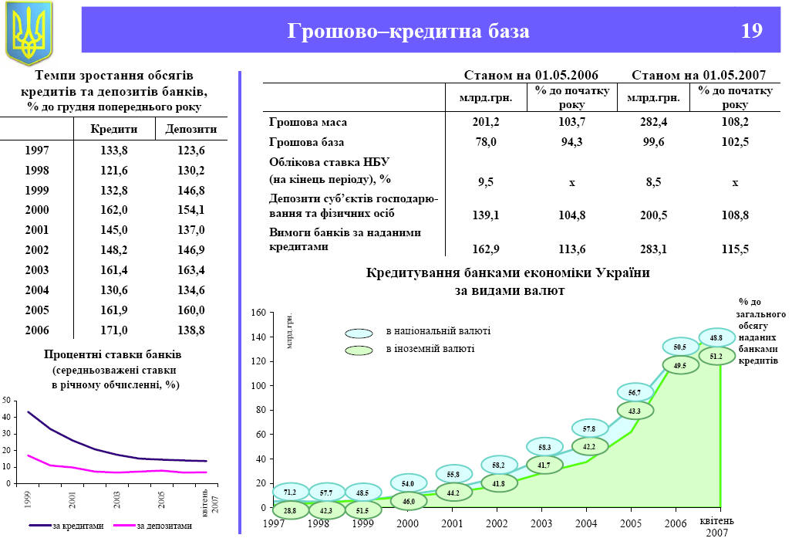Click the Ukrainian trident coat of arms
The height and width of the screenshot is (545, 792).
(29, 32)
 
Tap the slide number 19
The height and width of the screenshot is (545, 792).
(752, 32)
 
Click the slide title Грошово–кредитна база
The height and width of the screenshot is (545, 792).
(409, 32)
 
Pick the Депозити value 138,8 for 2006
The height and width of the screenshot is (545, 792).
(190, 330)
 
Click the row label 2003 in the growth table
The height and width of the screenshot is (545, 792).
(36, 269)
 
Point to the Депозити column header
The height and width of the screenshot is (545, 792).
(190, 129)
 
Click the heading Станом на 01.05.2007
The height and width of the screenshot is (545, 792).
(698, 76)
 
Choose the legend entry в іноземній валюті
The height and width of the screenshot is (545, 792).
(430, 349)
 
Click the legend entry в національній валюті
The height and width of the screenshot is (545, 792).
(437, 331)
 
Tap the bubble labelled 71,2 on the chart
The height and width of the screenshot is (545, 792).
(290, 492)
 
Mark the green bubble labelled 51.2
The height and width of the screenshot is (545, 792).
(716, 357)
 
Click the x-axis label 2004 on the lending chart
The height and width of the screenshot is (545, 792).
(586, 523)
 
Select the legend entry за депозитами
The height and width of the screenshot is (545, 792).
(164, 526)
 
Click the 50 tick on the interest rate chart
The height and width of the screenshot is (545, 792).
(7, 401)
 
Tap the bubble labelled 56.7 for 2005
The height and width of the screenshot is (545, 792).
(635, 393)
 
